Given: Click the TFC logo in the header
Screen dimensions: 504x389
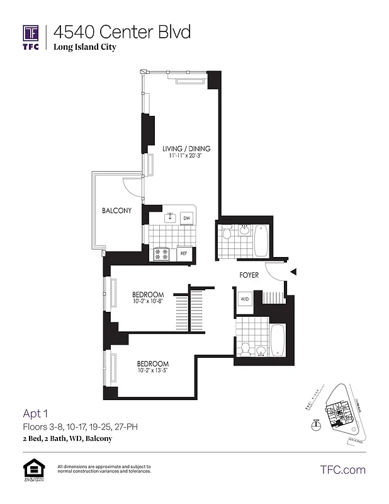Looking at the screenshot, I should (31, 36).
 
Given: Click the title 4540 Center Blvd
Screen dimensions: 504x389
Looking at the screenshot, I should (121, 31).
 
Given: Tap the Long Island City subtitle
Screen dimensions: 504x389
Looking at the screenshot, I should (84, 47).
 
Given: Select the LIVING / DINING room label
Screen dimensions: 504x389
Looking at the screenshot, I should (186, 149).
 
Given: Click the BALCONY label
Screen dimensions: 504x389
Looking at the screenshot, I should (116, 210).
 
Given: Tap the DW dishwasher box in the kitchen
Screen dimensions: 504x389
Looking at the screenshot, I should (186, 218).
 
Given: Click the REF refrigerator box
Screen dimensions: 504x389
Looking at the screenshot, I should (184, 254).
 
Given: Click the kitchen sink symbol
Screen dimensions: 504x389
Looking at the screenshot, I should (169, 218).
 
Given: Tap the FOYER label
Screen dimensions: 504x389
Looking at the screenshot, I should (249, 275).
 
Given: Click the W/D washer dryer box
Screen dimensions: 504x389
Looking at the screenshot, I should (244, 299).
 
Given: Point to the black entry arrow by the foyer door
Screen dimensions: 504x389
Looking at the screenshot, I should (293, 272).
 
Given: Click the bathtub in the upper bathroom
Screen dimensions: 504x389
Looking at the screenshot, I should (261, 240).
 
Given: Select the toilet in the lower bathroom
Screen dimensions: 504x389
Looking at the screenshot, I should (245, 348).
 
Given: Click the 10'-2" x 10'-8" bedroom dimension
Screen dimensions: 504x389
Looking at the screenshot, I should (148, 302).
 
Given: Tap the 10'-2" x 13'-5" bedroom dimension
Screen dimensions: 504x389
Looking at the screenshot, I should (153, 370).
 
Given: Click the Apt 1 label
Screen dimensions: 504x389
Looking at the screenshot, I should (36, 414).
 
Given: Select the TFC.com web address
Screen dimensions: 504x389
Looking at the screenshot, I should (343, 469).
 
